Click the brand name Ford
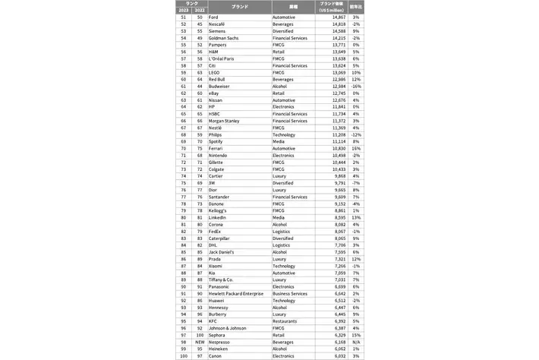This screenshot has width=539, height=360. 213,16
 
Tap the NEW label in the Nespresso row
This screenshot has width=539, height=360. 199,341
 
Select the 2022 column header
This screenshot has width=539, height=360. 199,9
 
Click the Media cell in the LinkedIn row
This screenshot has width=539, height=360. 279,216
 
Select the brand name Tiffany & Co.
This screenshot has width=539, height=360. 221,279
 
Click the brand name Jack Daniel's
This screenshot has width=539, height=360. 221,251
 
